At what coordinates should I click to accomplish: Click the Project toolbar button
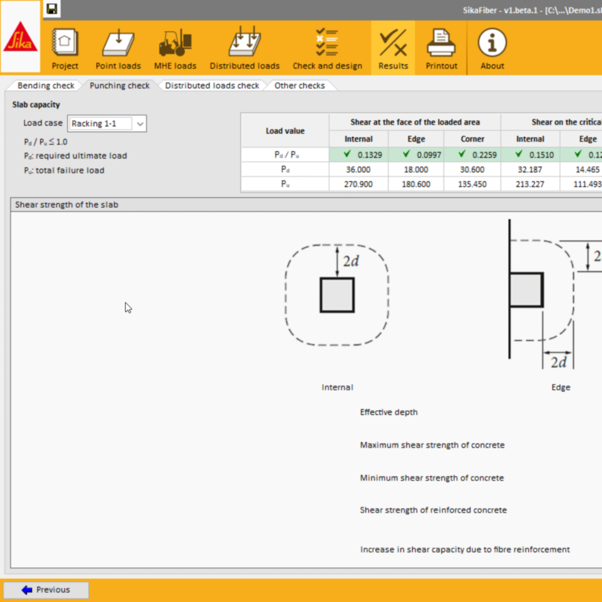click(x=65, y=49)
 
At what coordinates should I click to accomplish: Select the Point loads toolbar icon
click(x=118, y=49)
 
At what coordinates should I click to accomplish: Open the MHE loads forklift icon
click(x=175, y=49)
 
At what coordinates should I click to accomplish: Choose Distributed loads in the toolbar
click(x=244, y=49)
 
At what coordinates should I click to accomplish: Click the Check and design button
click(x=327, y=49)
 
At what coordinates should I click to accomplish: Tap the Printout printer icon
click(x=441, y=49)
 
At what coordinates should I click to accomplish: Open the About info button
click(x=492, y=49)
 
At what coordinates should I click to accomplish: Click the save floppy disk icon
click(x=52, y=9)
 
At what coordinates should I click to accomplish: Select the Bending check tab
click(x=46, y=86)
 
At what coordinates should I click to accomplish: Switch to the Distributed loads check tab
click(x=212, y=86)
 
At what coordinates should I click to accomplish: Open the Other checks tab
click(x=299, y=86)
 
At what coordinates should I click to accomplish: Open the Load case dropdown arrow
click(x=140, y=124)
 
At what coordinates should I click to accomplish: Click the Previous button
click(x=46, y=590)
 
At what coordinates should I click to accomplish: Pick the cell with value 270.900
click(x=358, y=184)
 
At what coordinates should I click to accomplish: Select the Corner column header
click(x=473, y=139)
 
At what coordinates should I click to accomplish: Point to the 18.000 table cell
click(x=416, y=170)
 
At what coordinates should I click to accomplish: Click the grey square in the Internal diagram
click(x=337, y=295)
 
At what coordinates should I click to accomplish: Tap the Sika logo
click(x=20, y=37)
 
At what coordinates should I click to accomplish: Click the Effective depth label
click(x=389, y=412)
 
